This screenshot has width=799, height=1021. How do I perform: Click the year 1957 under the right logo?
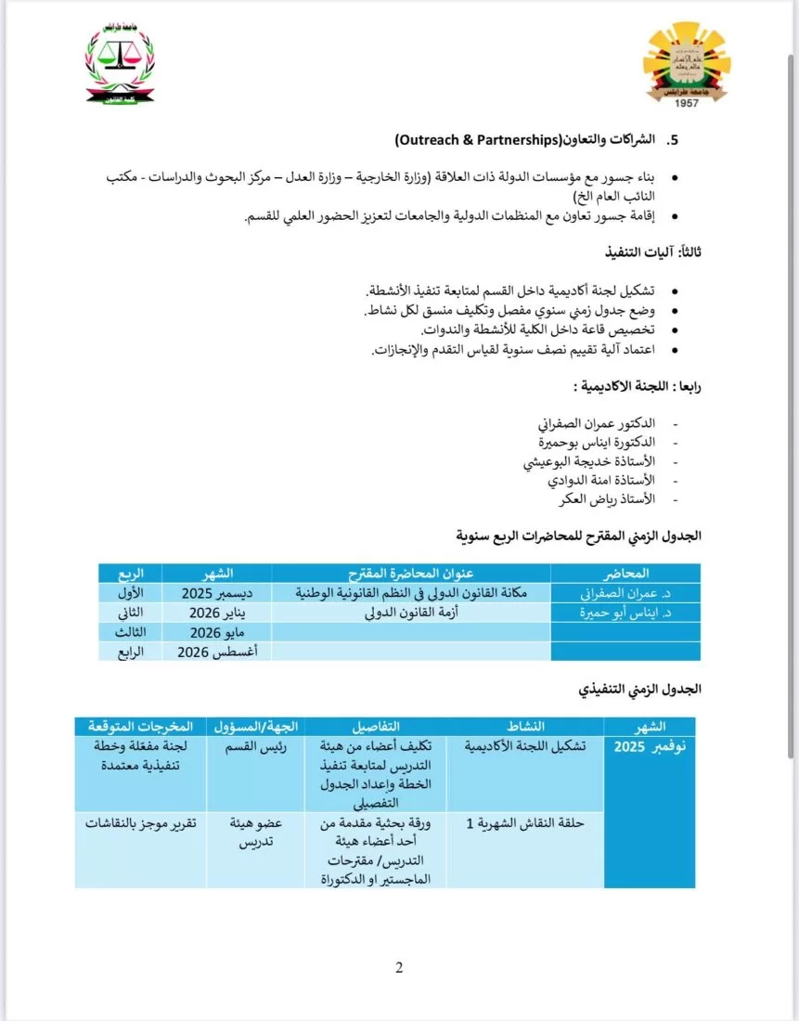pyautogui.click(x=687, y=102)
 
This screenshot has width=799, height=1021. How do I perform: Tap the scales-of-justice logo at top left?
pyautogui.click(x=121, y=65)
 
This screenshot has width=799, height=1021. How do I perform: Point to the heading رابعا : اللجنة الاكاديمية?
pyautogui.click(x=638, y=385)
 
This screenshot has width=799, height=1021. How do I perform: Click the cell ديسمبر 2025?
pyautogui.click(x=217, y=591)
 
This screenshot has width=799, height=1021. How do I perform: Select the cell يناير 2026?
pyautogui.click(x=217, y=612)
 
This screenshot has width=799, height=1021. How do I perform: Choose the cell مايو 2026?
pyautogui.click(x=217, y=632)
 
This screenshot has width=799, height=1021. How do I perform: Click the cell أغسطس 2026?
pyautogui.click(x=217, y=652)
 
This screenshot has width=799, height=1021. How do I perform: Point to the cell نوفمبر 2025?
pyautogui.click(x=651, y=746)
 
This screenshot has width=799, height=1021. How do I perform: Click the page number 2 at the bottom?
pyautogui.click(x=399, y=968)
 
